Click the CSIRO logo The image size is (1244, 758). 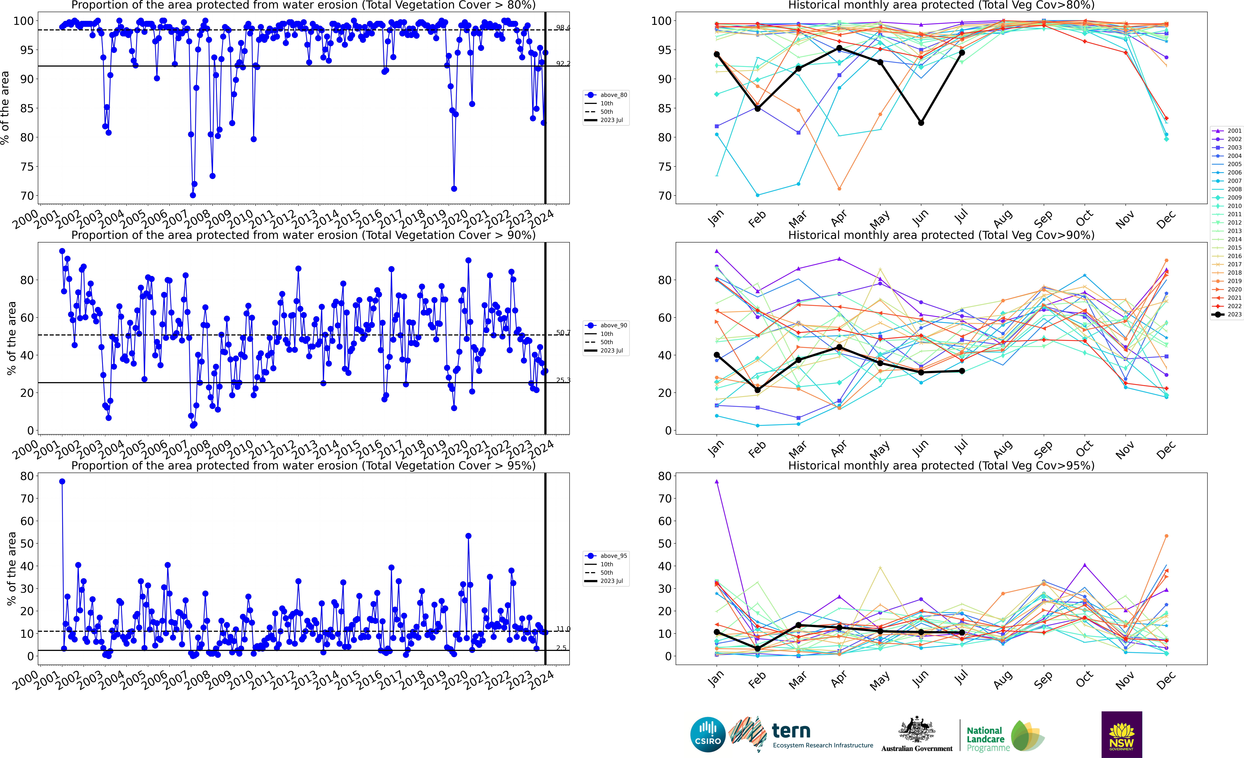(708, 734)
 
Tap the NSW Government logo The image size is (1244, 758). (1121, 734)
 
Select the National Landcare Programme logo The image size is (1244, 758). (1005, 737)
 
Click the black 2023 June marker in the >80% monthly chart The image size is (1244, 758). (921, 123)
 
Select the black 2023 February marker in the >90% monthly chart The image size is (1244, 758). (757, 390)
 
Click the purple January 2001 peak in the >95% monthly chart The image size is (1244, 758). (716, 482)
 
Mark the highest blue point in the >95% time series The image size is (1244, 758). (62, 482)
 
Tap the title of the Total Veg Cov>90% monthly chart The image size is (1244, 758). (941, 235)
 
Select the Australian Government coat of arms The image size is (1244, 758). (916, 730)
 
